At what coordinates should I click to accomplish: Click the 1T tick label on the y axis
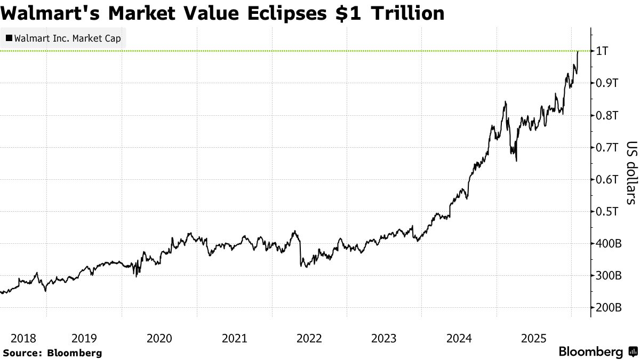click(602, 51)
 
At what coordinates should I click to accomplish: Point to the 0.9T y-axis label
click(607, 83)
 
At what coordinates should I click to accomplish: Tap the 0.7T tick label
click(607, 147)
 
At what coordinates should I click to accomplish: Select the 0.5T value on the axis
click(607, 212)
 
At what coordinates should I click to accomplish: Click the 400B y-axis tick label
click(608, 244)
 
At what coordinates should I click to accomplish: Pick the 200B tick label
click(608, 308)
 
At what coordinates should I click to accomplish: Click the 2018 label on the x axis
click(23, 338)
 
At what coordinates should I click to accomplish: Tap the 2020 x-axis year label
click(159, 338)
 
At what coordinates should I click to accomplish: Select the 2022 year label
click(309, 338)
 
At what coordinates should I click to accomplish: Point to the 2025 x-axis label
click(534, 338)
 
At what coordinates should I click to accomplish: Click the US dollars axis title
click(631, 173)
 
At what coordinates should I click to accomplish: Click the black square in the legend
click(9, 38)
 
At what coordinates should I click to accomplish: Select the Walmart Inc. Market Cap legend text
click(68, 38)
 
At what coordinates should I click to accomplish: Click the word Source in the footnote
click(21, 353)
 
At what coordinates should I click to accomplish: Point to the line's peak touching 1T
click(578, 51)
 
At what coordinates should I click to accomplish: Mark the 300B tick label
click(608, 276)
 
